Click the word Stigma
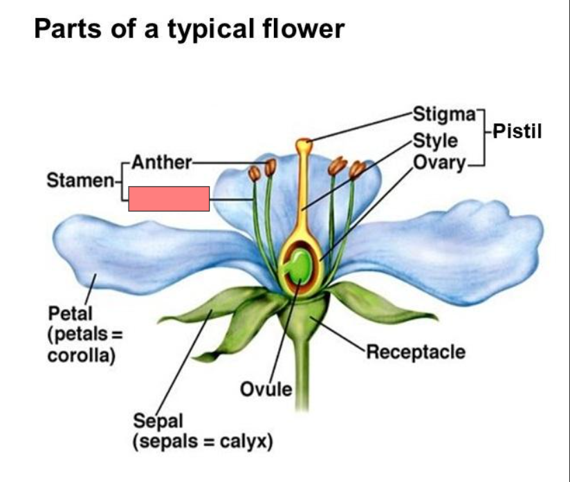point(445,113)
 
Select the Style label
point(434,140)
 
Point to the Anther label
point(160,163)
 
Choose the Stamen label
point(80,181)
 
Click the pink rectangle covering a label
point(169,198)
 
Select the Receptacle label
point(415,352)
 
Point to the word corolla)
point(81,356)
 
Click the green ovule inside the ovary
point(300,266)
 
